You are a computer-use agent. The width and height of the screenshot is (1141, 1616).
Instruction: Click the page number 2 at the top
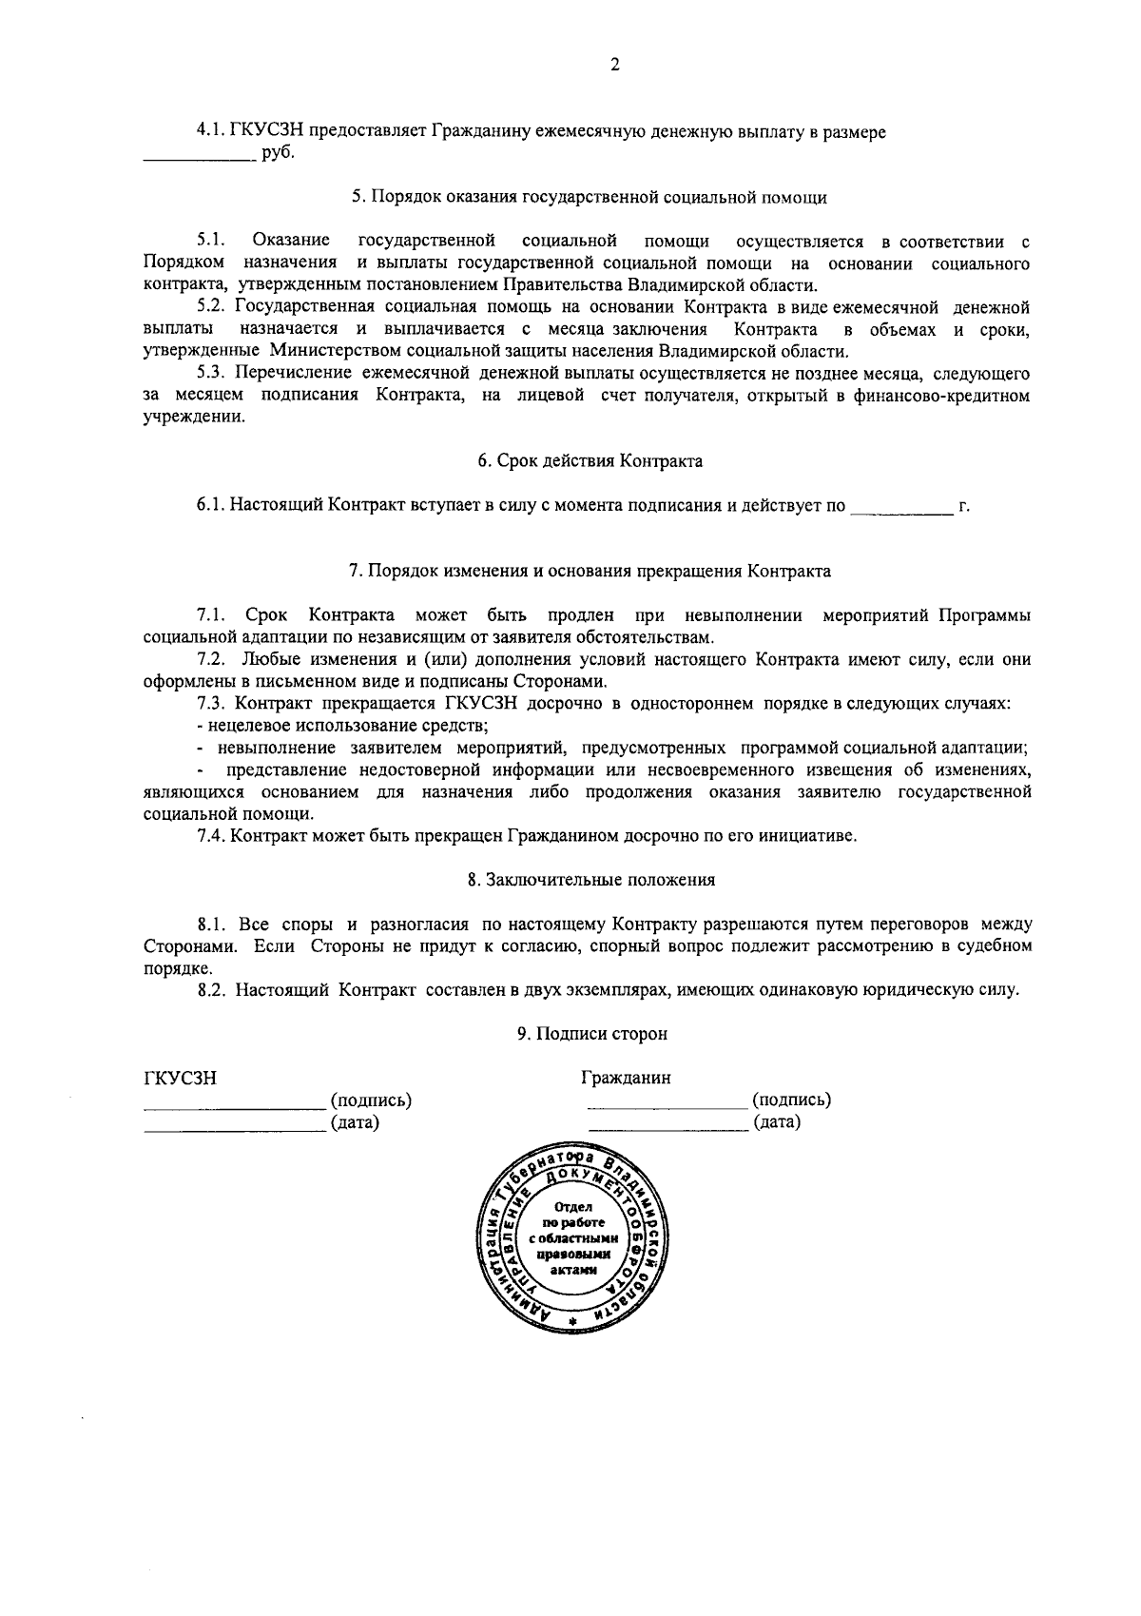(x=614, y=65)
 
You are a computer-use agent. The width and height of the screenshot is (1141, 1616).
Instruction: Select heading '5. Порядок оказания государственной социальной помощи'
(x=589, y=198)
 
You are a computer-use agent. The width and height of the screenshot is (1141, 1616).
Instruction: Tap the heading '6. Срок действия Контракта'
(x=590, y=461)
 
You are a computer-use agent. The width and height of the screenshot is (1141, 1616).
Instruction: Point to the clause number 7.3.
(x=211, y=704)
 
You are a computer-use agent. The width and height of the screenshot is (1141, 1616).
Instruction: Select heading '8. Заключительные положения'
(x=590, y=880)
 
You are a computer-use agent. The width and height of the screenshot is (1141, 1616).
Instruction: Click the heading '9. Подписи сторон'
(x=591, y=1034)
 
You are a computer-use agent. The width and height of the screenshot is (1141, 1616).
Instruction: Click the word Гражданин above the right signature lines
(x=626, y=1079)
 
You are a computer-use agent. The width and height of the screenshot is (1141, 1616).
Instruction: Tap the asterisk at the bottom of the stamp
(x=572, y=1323)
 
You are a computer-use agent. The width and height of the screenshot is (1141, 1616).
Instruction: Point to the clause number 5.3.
(x=211, y=373)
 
